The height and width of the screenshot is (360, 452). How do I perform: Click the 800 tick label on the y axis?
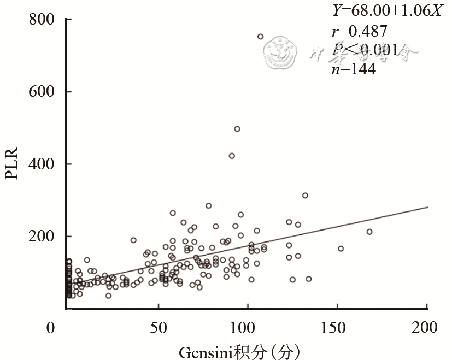pyautogui.click(x=42, y=20)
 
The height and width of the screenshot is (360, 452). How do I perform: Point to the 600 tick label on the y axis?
pyautogui.click(x=42, y=92)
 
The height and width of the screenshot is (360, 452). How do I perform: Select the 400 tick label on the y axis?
pyautogui.click(x=42, y=164)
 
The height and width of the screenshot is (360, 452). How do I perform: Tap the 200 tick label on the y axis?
pyautogui.click(x=42, y=237)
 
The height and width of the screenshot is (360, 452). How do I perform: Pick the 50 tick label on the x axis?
pyautogui.click(x=158, y=328)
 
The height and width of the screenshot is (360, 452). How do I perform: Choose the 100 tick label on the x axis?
pyautogui.click(x=247, y=328)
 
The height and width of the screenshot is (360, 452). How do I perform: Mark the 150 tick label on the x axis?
pyautogui.click(x=337, y=328)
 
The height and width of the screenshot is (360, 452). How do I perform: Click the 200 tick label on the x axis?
pyautogui.click(x=426, y=328)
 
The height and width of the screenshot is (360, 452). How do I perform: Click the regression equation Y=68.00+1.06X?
pyautogui.click(x=386, y=11)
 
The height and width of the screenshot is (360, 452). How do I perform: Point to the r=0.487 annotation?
pyautogui.click(x=360, y=31)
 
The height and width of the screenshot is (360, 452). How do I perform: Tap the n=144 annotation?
pyautogui.click(x=354, y=69)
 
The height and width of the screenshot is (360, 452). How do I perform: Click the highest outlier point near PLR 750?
pyautogui.click(x=260, y=37)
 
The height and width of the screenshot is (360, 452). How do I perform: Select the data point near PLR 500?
pyautogui.click(x=237, y=129)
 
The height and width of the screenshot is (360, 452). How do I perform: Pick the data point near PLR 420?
pyautogui.click(x=232, y=156)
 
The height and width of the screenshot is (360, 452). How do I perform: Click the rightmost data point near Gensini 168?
pyautogui.click(x=369, y=232)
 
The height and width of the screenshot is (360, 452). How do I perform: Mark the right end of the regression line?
pyautogui.click(x=427, y=207)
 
